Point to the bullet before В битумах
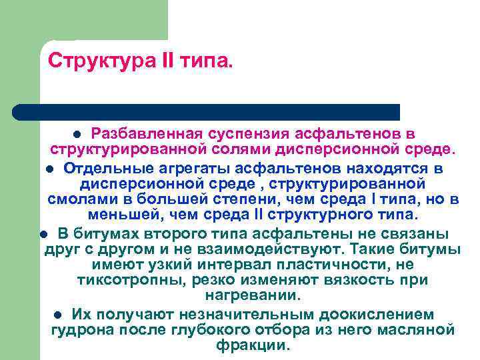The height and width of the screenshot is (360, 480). [x=43, y=234]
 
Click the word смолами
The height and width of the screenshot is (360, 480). [x=79, y=200]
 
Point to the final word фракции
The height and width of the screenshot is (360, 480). [x=253, y=347]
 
